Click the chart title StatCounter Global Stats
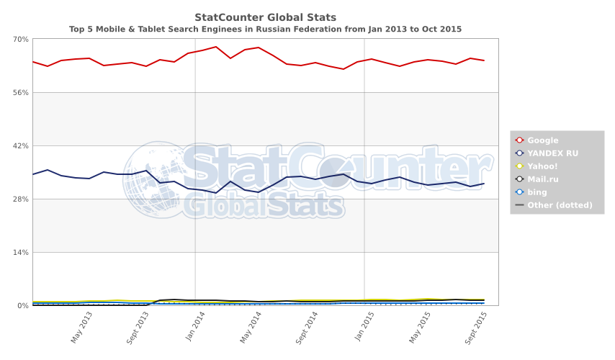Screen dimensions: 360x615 265,17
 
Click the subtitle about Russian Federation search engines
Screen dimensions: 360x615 265,30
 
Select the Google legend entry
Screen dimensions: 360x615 542,140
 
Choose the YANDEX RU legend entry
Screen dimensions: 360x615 552,153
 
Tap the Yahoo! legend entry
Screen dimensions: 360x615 544,166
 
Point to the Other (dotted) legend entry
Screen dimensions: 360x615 560,205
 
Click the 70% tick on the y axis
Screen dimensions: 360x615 20,39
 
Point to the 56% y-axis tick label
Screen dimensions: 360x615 20,92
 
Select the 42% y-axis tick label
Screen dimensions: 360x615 20,145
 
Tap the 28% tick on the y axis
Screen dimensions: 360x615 20,199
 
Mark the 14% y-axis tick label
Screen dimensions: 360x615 20,252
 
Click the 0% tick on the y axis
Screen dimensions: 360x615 22,305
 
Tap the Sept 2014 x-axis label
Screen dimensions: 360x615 307,327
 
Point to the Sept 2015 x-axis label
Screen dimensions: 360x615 477,327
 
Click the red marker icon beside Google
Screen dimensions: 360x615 519,140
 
